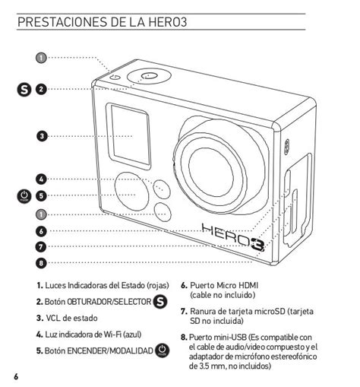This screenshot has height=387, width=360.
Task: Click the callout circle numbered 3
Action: (x=42, y=136)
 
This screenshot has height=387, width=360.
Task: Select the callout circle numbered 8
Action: (x=41, y=263)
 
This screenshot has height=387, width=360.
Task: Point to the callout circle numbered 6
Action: (x=41, y=231)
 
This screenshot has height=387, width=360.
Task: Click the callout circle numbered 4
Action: (x=41, y=179)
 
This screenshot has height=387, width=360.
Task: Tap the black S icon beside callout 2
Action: (x=24, y=90)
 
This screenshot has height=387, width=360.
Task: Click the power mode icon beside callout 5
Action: (x=24, y=196)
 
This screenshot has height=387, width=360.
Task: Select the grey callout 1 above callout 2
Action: (x=41, y=58)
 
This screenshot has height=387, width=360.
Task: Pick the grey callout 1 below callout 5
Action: (x=41, y=214)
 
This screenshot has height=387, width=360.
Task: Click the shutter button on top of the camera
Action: (x=149, y=75)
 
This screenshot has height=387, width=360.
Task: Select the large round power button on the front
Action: (x=131, y=192)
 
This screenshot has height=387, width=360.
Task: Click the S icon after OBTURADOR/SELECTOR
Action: (x=160, y=302)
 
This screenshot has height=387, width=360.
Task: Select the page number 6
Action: (x=16, y=376)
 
